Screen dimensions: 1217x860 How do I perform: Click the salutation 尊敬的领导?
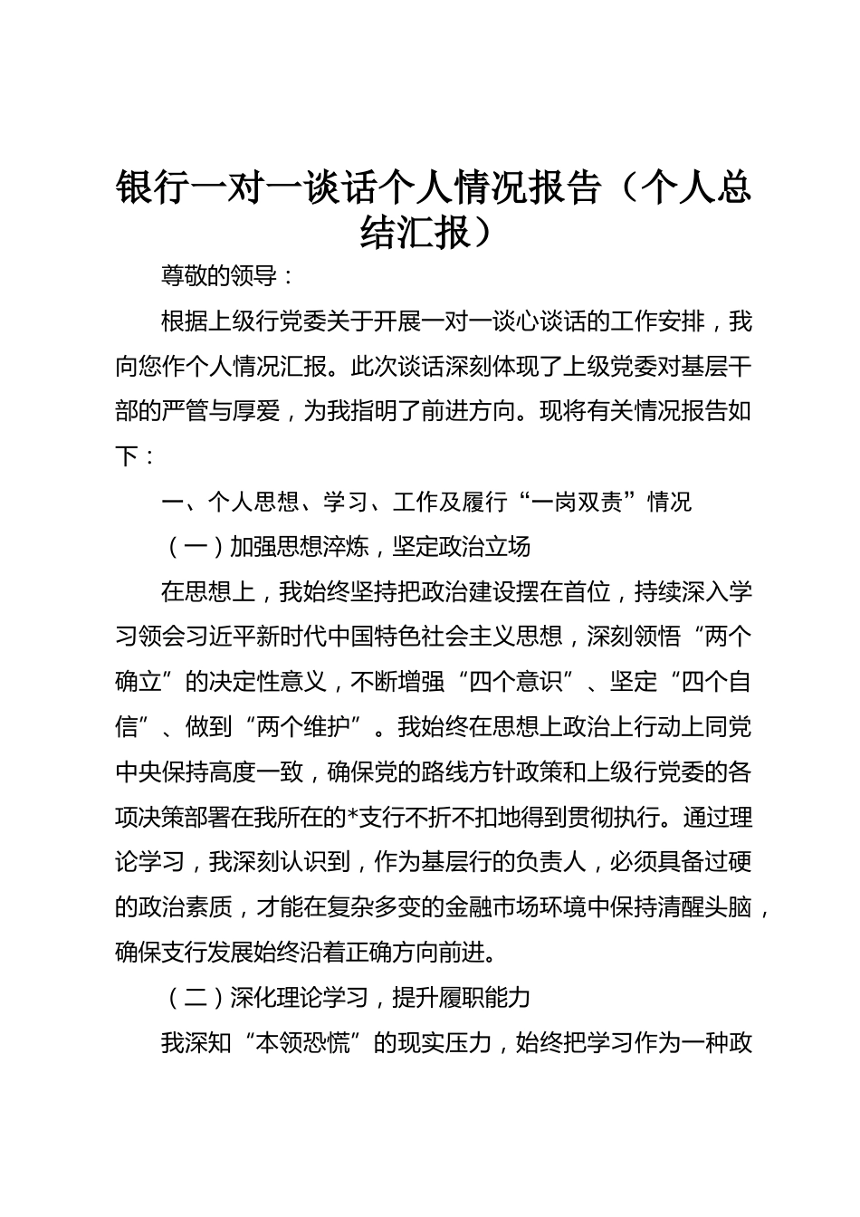pos(218,276)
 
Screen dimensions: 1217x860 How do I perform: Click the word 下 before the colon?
pos(127,456)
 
